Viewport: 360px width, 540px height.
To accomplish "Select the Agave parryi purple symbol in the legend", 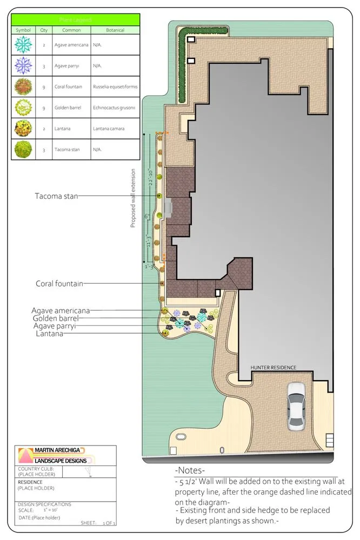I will tap(24, 66).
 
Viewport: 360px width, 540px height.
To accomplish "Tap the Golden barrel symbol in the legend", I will tap(24, 107).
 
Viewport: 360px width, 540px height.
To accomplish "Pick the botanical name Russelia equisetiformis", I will tap(115, 87).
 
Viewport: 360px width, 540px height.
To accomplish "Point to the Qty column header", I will tap(44, 30).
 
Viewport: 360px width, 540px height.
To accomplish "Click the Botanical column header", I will tap(115, 30).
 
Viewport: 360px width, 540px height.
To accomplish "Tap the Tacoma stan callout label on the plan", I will tap(57, 196).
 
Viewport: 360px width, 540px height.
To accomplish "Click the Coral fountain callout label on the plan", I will tap(59, 283).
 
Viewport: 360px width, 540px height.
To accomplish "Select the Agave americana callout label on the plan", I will tap(61, 310).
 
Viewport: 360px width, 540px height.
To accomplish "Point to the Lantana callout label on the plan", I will tap(48, 334).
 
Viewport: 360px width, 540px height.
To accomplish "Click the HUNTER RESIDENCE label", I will tap(273, 368).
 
